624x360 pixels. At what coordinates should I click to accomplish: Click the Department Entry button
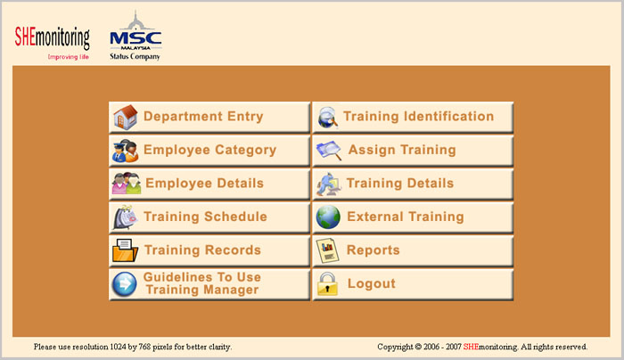[209, 117]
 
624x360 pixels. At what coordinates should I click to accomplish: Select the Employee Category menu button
[209, 151]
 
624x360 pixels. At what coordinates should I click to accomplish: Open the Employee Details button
[209, 184]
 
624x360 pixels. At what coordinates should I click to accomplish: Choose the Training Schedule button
[209, 217]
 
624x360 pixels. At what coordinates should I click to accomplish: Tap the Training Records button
[209, 250]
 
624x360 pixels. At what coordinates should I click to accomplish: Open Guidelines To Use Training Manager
[209, 284]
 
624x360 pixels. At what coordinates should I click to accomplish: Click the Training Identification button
[413, 117]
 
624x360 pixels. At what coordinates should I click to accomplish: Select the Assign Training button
[413, 151]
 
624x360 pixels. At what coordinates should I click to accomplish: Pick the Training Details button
[413, 184]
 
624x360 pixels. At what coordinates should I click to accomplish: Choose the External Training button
[413, 217]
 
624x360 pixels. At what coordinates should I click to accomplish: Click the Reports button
[413, 250]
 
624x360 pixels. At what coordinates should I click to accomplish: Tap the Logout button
[413, 284]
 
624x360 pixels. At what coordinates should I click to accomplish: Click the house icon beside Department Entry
[126, 117]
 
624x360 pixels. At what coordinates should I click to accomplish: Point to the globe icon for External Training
[328, 217]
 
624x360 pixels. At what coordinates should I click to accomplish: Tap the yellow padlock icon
[327, 283]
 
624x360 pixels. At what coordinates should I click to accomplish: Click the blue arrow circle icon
[124, 284]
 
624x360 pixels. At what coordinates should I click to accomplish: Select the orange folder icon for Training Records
[125, 250]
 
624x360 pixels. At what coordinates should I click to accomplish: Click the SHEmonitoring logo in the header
[52, 43]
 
